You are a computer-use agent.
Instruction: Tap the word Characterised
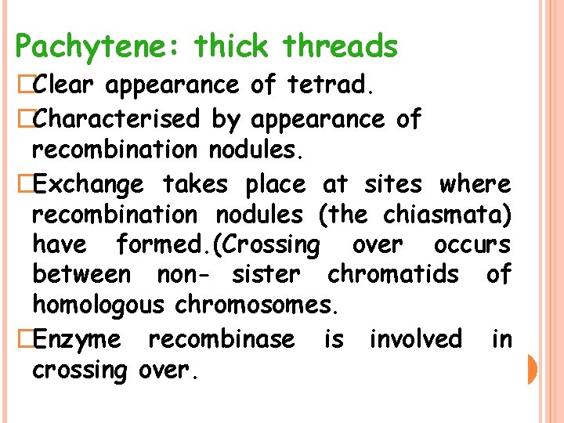[x=117, y=119]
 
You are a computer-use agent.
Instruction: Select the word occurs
[x=472, y=244]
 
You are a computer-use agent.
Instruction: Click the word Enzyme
[x=78, y=339]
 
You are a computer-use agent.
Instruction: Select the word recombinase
[x=222, y=339]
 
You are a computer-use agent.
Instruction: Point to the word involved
[x=415, y=339]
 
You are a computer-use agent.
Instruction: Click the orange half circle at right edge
[x=532, y=369]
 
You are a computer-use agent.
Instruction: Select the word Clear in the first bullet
[x=65, y=85]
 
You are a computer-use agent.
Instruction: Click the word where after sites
[x=475, y=185]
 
